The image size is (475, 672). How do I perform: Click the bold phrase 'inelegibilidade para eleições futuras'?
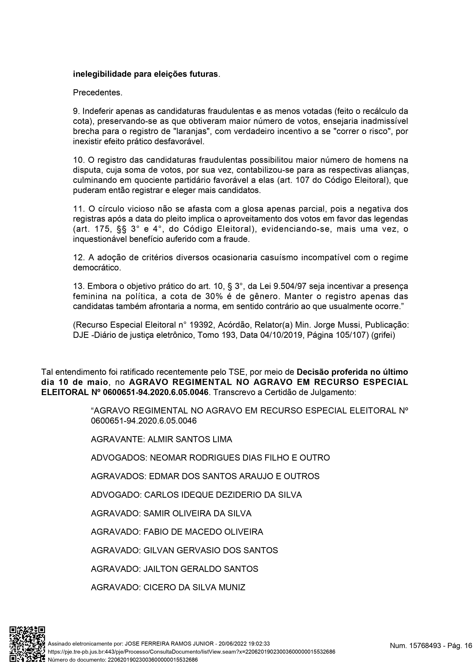tap(145, 74)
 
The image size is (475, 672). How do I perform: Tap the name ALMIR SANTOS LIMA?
tap(190, 439)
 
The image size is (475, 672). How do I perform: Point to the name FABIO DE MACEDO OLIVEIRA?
tap(203, 532)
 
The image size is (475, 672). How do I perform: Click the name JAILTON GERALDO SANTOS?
tap(201, 569)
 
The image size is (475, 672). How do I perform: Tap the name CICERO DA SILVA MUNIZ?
tap(194, 587)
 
